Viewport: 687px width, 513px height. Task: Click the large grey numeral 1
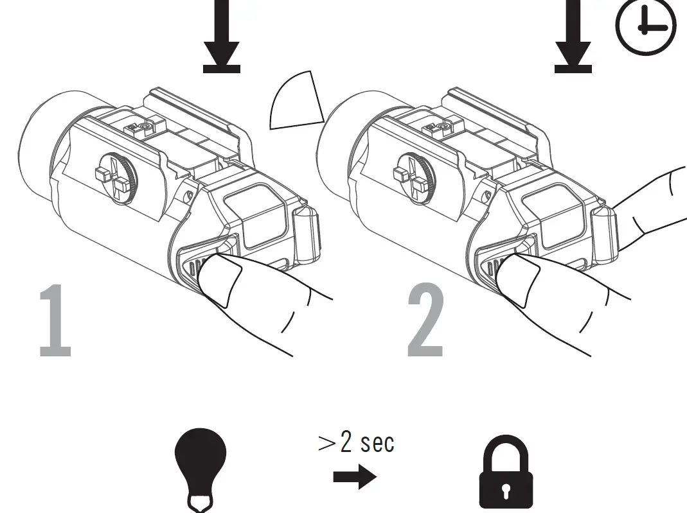[55, 321]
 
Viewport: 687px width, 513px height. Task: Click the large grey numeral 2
[425, 321]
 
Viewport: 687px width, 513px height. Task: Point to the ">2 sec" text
[356, 442]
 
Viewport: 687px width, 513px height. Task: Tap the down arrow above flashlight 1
[222, 39]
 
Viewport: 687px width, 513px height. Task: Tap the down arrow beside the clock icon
[573, 39]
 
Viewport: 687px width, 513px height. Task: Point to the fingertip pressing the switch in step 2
[519, 277]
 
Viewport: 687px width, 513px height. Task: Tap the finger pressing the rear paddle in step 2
[649, 205]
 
